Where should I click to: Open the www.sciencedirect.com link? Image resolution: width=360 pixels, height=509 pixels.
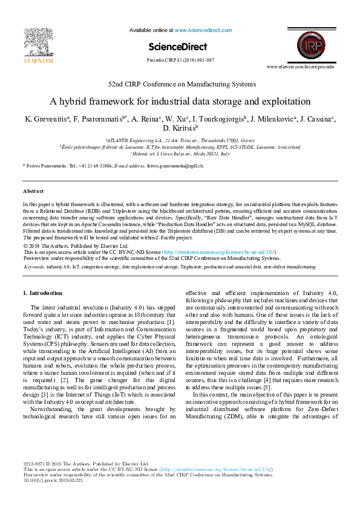199,30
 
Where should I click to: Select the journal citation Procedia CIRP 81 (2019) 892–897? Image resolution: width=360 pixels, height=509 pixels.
180,60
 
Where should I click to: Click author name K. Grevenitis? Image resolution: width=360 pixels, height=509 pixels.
45,118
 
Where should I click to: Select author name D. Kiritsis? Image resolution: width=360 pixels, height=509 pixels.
180,128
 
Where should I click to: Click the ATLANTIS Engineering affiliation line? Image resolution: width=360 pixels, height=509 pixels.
180,139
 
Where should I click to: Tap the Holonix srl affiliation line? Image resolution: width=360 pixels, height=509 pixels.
180,154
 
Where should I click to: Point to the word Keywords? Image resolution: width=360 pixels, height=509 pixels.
34,266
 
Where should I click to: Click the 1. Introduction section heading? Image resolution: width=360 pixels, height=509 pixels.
42,293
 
